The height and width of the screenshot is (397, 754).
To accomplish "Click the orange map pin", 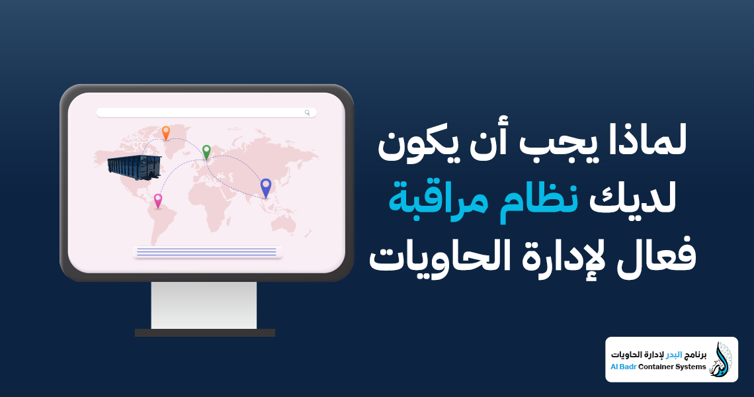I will (x=165, y=132).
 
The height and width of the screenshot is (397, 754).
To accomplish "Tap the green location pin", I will (x=206, y=151).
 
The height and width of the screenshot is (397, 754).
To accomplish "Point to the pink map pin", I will (x=158, y=200).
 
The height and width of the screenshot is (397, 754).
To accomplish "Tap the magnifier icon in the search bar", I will (x=308, y=112).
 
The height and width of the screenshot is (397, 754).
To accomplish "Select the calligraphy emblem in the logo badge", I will (x=720, y=359).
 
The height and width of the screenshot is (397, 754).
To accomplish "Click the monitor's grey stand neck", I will (x=204, y=305).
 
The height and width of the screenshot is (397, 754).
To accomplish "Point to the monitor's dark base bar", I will (x=204, y=333).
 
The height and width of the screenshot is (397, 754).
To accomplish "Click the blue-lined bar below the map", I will (x=208, y=251).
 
